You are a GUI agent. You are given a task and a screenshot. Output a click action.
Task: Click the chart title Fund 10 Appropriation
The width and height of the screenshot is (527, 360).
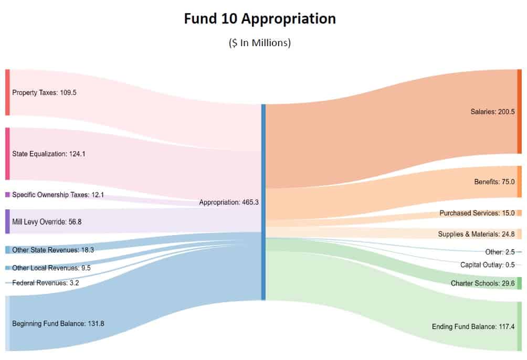coord(260,19)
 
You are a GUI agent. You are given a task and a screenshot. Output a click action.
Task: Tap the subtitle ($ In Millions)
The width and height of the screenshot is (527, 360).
coord(259,43)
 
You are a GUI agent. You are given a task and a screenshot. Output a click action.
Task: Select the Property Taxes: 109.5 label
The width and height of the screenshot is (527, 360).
coord(45,92)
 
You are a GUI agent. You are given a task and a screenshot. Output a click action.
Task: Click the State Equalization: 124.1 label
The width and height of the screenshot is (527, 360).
coord(48,154)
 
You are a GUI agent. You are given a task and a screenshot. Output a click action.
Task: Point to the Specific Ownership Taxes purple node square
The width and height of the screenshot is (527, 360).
coord(7,195)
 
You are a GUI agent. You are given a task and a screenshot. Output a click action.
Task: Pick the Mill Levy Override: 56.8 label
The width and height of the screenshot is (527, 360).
coord(47,222)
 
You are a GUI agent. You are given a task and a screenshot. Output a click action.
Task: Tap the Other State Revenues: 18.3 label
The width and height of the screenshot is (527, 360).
coord(53,250)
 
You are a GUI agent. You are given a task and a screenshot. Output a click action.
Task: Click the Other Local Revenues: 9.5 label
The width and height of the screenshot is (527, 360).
coord(51,268)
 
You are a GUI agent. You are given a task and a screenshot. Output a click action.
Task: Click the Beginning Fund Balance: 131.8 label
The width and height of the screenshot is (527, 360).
coord(58,324)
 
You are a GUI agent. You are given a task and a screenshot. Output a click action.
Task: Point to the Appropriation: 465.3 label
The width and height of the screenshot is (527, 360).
coord(229,202)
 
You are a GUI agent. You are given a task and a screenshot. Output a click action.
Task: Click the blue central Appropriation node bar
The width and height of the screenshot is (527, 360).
coord(263,202)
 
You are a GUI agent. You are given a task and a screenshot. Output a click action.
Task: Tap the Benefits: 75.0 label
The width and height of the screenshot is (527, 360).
coord(494,182)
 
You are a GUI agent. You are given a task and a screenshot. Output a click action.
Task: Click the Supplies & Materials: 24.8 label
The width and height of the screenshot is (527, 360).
coord(476,234)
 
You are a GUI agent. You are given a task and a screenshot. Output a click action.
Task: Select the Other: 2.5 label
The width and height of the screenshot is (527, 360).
coord(500,252)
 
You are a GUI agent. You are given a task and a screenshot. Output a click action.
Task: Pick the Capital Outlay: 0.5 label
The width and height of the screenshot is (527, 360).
coord(488,265)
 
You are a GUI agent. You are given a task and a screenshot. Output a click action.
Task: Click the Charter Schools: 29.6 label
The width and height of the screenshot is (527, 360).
coord(482,283)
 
